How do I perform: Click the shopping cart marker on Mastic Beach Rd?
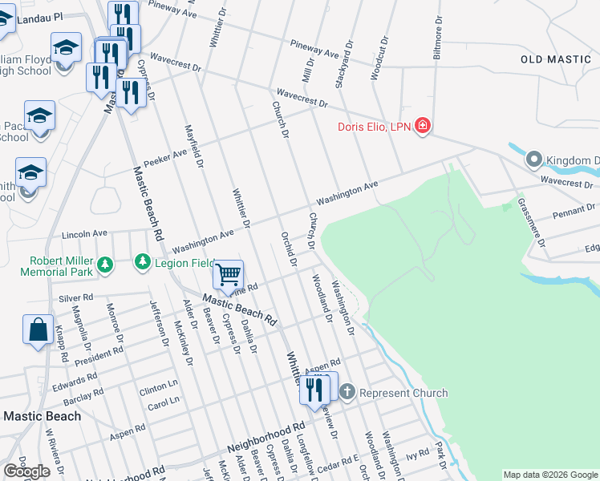[229, 275]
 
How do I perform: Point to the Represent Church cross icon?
[347, 393]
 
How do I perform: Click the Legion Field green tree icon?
[142, 262]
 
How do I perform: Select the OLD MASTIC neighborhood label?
[555, 59]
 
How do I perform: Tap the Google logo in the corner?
[26, 471]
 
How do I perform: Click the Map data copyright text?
[550, 475]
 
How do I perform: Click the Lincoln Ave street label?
[84, 234]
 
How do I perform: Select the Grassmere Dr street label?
[531, 222]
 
